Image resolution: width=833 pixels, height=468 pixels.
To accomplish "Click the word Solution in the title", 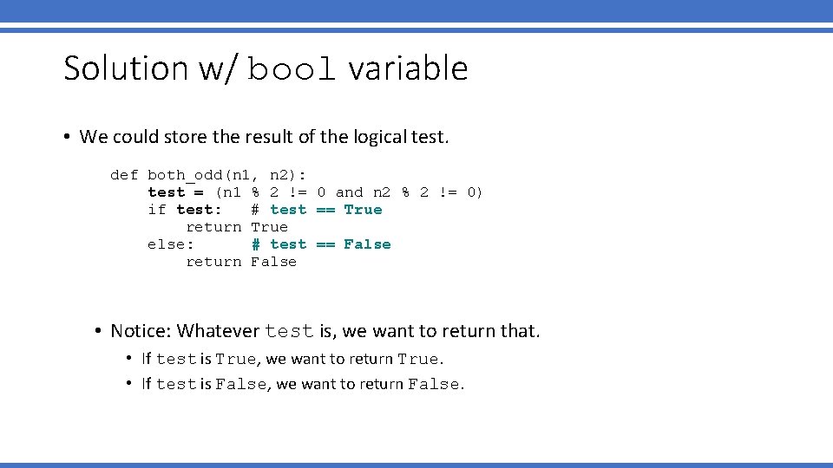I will (x=126, y=68).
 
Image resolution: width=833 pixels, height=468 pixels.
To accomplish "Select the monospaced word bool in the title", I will (x=292, y=69).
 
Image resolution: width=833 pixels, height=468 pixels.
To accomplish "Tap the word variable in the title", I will (x=408, y=68).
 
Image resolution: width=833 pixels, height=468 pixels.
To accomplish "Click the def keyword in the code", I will (x=124, y=175).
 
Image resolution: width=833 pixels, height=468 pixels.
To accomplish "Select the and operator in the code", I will (x=349, y=192).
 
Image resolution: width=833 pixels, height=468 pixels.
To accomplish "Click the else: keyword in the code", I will (x=171, y=244).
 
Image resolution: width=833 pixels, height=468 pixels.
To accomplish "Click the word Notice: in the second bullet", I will (x=141, y=331).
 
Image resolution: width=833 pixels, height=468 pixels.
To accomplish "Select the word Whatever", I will (x=218, y=331).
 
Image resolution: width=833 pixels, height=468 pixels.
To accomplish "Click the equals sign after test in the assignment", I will (x=199, y=192).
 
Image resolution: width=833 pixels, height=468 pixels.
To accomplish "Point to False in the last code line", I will (x=273, y=262).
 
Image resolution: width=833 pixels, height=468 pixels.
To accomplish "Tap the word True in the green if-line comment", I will (x=363, y=210).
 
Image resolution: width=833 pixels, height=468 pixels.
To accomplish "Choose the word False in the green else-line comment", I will (x=367, y=244).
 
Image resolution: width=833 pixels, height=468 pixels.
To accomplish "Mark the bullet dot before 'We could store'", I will (x=67, y=137).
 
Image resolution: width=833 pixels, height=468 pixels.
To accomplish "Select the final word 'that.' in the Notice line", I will (x=520, y=331).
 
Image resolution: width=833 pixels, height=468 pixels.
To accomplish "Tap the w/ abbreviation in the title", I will (x=217, y=69).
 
